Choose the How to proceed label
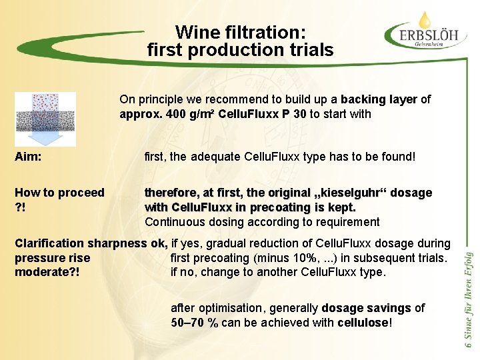[x=59, y=193]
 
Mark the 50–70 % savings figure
[x=195, y=323]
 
